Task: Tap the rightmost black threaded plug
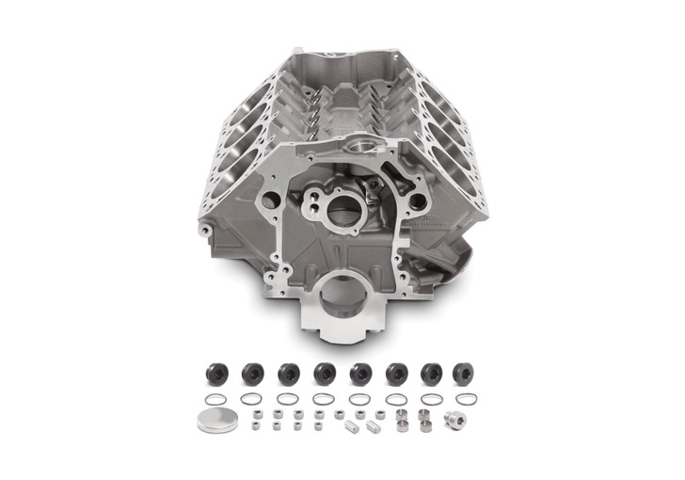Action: point(463,371)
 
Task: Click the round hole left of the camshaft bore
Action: point(270,200)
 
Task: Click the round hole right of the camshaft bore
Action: point(416,200)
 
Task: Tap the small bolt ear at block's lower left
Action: point(204,230)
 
